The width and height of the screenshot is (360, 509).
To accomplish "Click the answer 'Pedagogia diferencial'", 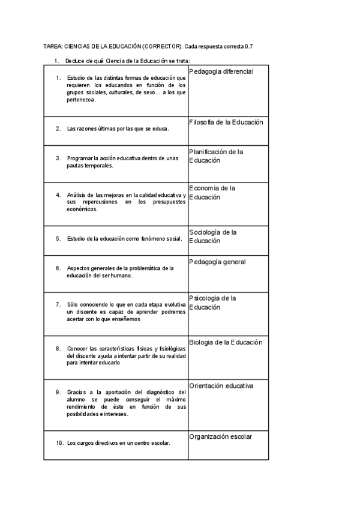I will pyautogui.click(x=221, y=71).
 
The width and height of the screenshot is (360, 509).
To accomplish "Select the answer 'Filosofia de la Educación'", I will pyautogui.click(x=226, y=122).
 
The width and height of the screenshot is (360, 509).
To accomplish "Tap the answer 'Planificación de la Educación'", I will pyautogui.click(x=216, y=156).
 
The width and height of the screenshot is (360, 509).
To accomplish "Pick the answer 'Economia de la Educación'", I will pyautogui.click(x=212, y=192).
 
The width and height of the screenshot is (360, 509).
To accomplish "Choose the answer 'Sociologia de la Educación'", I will pyautogui.click(x=213, y=236).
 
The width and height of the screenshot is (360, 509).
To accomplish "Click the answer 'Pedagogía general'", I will pyautogui.click(x=217, y=262).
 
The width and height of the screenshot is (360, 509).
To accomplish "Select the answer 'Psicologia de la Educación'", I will pyautogui.click(x=212, y=303).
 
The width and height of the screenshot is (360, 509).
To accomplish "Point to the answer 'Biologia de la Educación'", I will pyautogui.click(x=226, y=342).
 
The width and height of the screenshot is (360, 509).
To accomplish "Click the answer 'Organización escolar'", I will pyautogui.click(x=220, y=436).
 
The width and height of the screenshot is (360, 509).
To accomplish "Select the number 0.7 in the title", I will pyautogui.click(x=248, y=46).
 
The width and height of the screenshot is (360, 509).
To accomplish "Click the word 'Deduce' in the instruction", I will pyautogui.click(x=75, y=61).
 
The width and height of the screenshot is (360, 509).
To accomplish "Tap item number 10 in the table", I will pyautogui.click(x=59, y=444).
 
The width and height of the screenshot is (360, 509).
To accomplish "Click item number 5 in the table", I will pyautogui.click(x=58, y=238).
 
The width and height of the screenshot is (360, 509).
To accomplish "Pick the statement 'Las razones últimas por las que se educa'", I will pyautogui.click(x=118, y=128).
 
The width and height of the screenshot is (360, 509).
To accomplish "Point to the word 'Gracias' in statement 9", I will pyautogui.click(x=77, y=392).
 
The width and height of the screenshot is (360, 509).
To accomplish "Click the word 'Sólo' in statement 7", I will pyautogui.click(x=73, y=305).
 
